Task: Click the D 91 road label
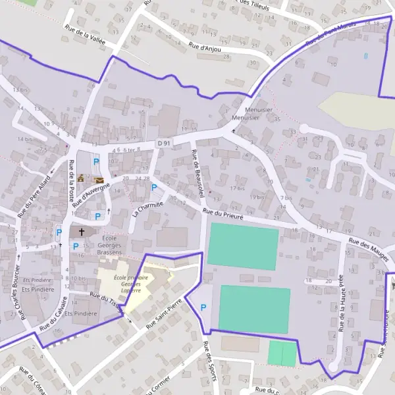(x=163, y=143)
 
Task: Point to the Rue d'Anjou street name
(x=204, y=47)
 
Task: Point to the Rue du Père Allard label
(x=34, y=199)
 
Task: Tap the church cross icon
(x=82, y=232)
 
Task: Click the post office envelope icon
(x=99, y=180)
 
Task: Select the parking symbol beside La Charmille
(x=154, y=188)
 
